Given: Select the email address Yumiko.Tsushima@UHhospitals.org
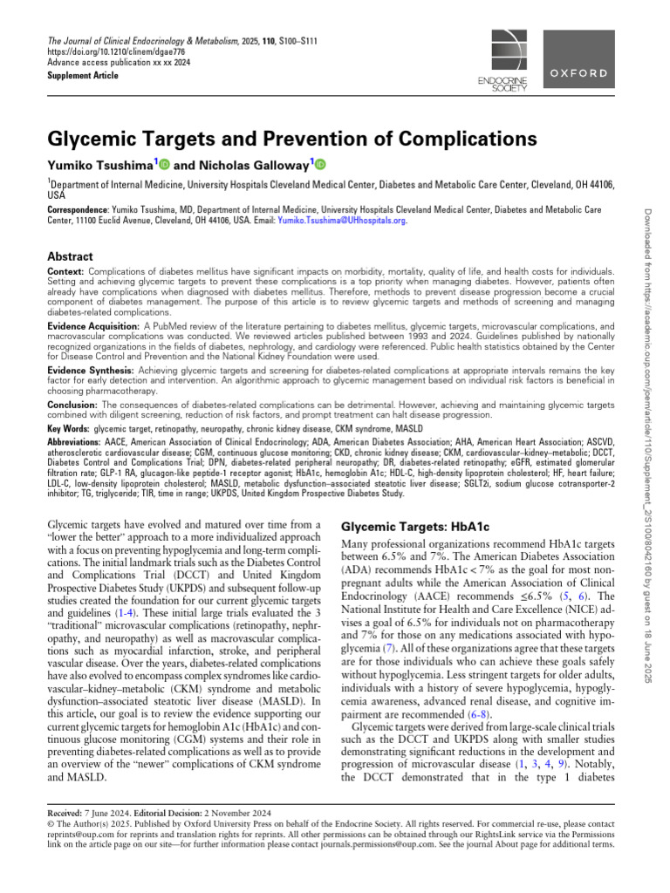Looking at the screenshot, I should pyautogui.click(x=341, y=221).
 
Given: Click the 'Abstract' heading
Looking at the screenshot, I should pyautogui.click(x=70, y=256).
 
